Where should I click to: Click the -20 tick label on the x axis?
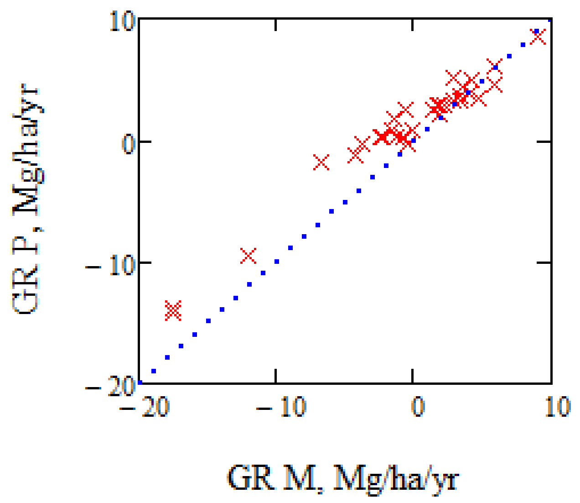145,407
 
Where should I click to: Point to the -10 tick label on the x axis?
281,407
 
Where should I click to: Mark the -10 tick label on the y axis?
110,265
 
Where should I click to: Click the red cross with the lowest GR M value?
173,310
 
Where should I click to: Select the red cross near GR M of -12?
249,256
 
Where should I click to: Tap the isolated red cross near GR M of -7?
321,162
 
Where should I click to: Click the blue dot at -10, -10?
276,262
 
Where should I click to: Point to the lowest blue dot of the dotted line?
140,382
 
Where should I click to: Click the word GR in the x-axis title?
249,478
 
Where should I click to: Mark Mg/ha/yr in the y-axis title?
28,155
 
